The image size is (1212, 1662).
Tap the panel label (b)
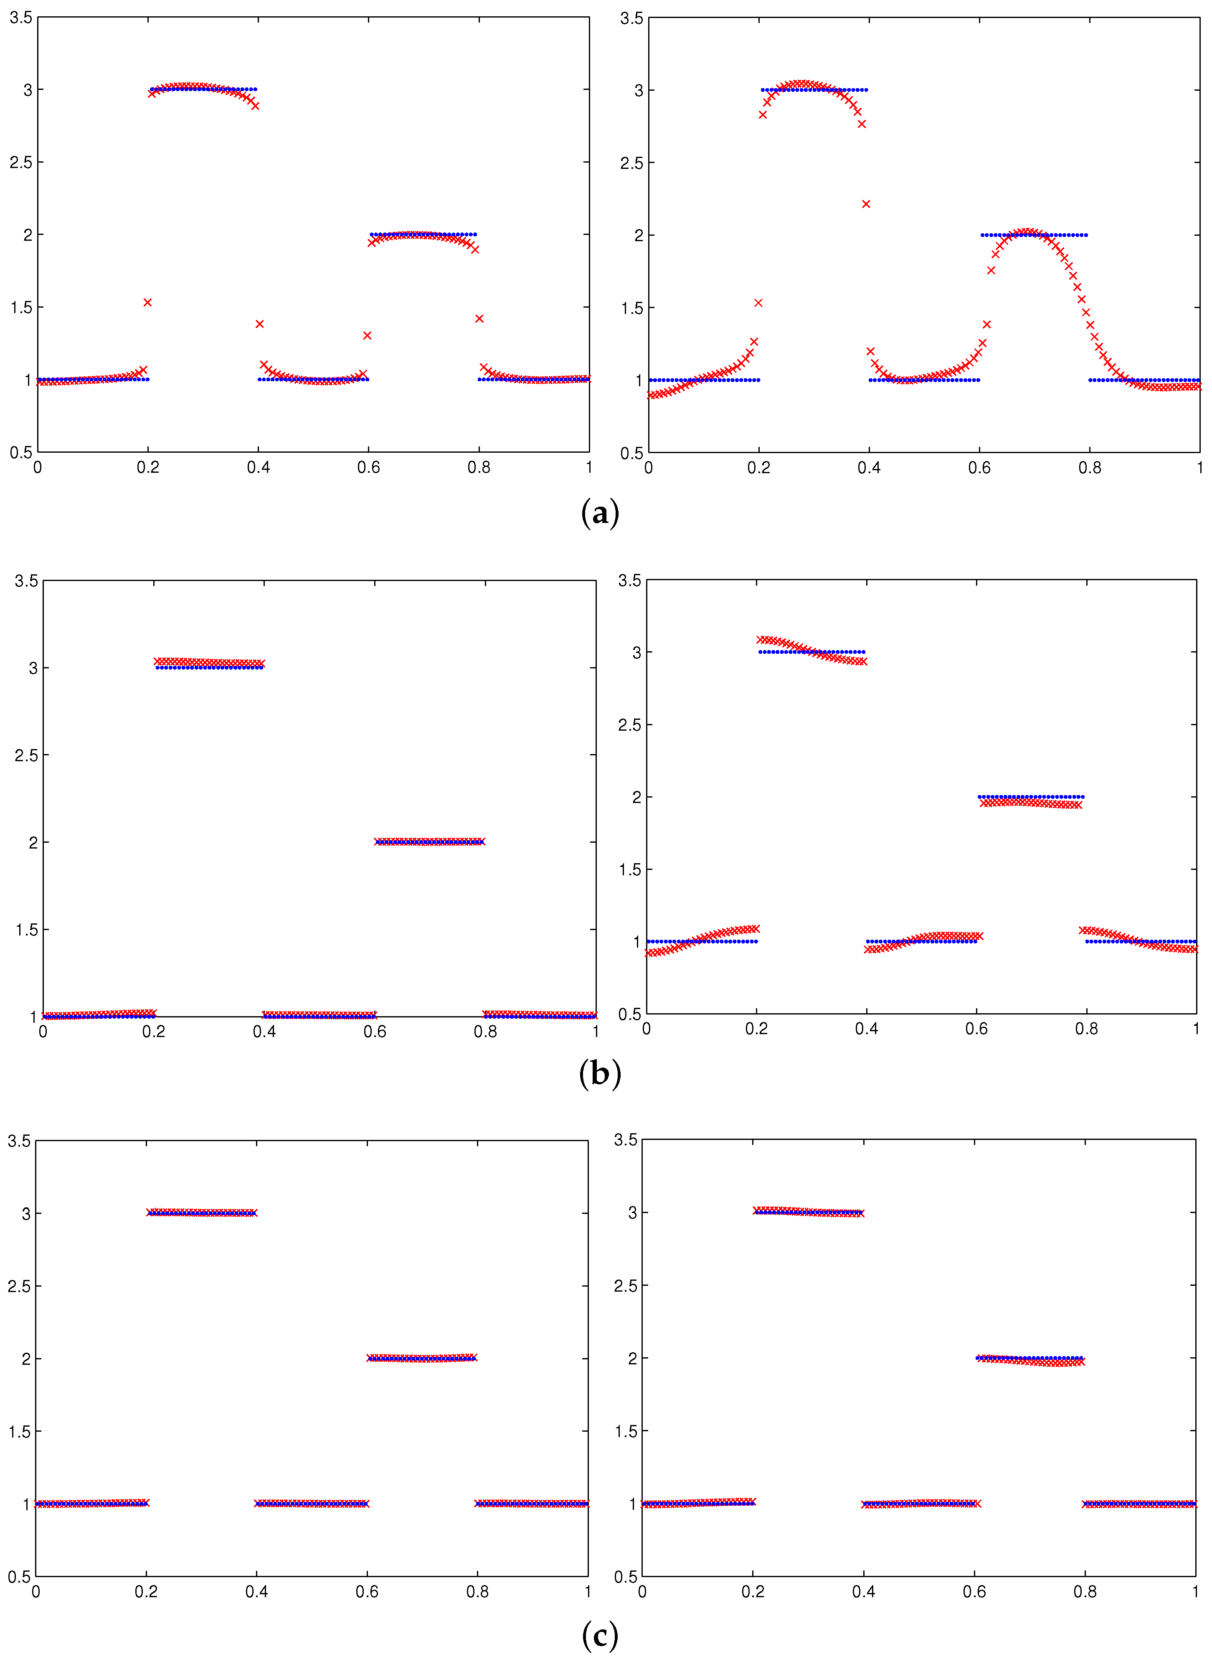599,1073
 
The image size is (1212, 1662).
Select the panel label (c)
599,1636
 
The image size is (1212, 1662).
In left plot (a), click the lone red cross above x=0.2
147,303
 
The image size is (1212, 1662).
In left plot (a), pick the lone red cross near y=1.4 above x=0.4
259,324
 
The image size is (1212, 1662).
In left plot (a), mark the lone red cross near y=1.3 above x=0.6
367,336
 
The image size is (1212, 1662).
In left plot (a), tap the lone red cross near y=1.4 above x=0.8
479,319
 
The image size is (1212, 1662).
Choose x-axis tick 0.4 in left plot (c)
257,1591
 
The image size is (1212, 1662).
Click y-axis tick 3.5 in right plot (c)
626,1140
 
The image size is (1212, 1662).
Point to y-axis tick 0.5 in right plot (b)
629,1015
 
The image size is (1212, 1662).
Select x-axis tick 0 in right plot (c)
642,1591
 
